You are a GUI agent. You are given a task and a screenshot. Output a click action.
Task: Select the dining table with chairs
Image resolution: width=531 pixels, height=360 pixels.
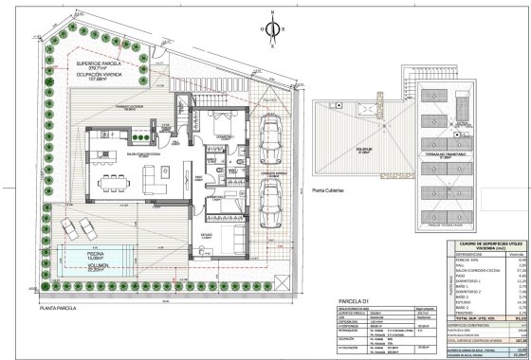pyautogui.click(x=113, y=177)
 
